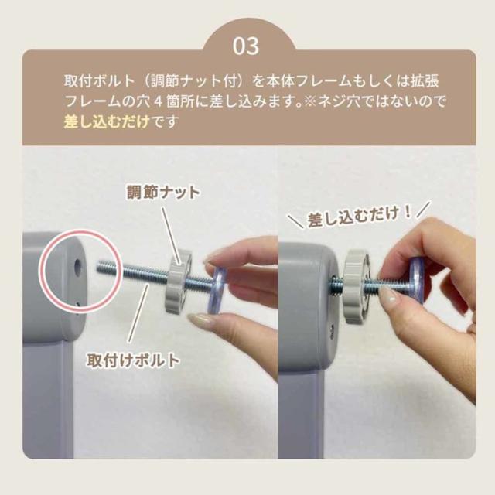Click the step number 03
pyautogui.click(x=247, y=46)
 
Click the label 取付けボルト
pyautogui.click(x=135, y=360)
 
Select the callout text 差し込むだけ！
pyautogui.click(x=359, y=217)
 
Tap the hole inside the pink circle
pyautogui.click(x=77, y=265)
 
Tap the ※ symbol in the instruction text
pyautogui.click(x=309, y=102)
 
